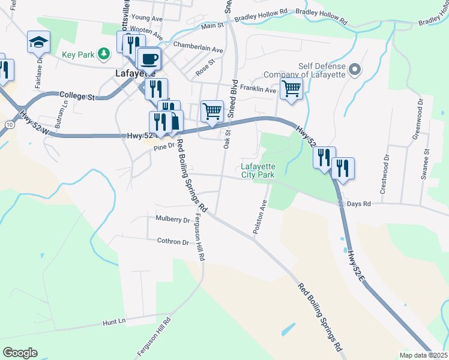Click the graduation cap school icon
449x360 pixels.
pos(38,42)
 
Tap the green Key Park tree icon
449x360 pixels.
pos(104,55)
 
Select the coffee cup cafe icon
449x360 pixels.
pos(149,59)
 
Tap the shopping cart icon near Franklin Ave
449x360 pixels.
pos(291,89)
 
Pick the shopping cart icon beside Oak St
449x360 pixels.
pos(212,111)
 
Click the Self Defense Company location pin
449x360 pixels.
pos(355,71)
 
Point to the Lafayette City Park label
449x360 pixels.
pos(258,170)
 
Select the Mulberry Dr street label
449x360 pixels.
pos(172,220)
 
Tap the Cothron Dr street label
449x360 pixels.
pos(173,242)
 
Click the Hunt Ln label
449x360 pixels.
pos(113,322)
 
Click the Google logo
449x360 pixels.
pos(20,352)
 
